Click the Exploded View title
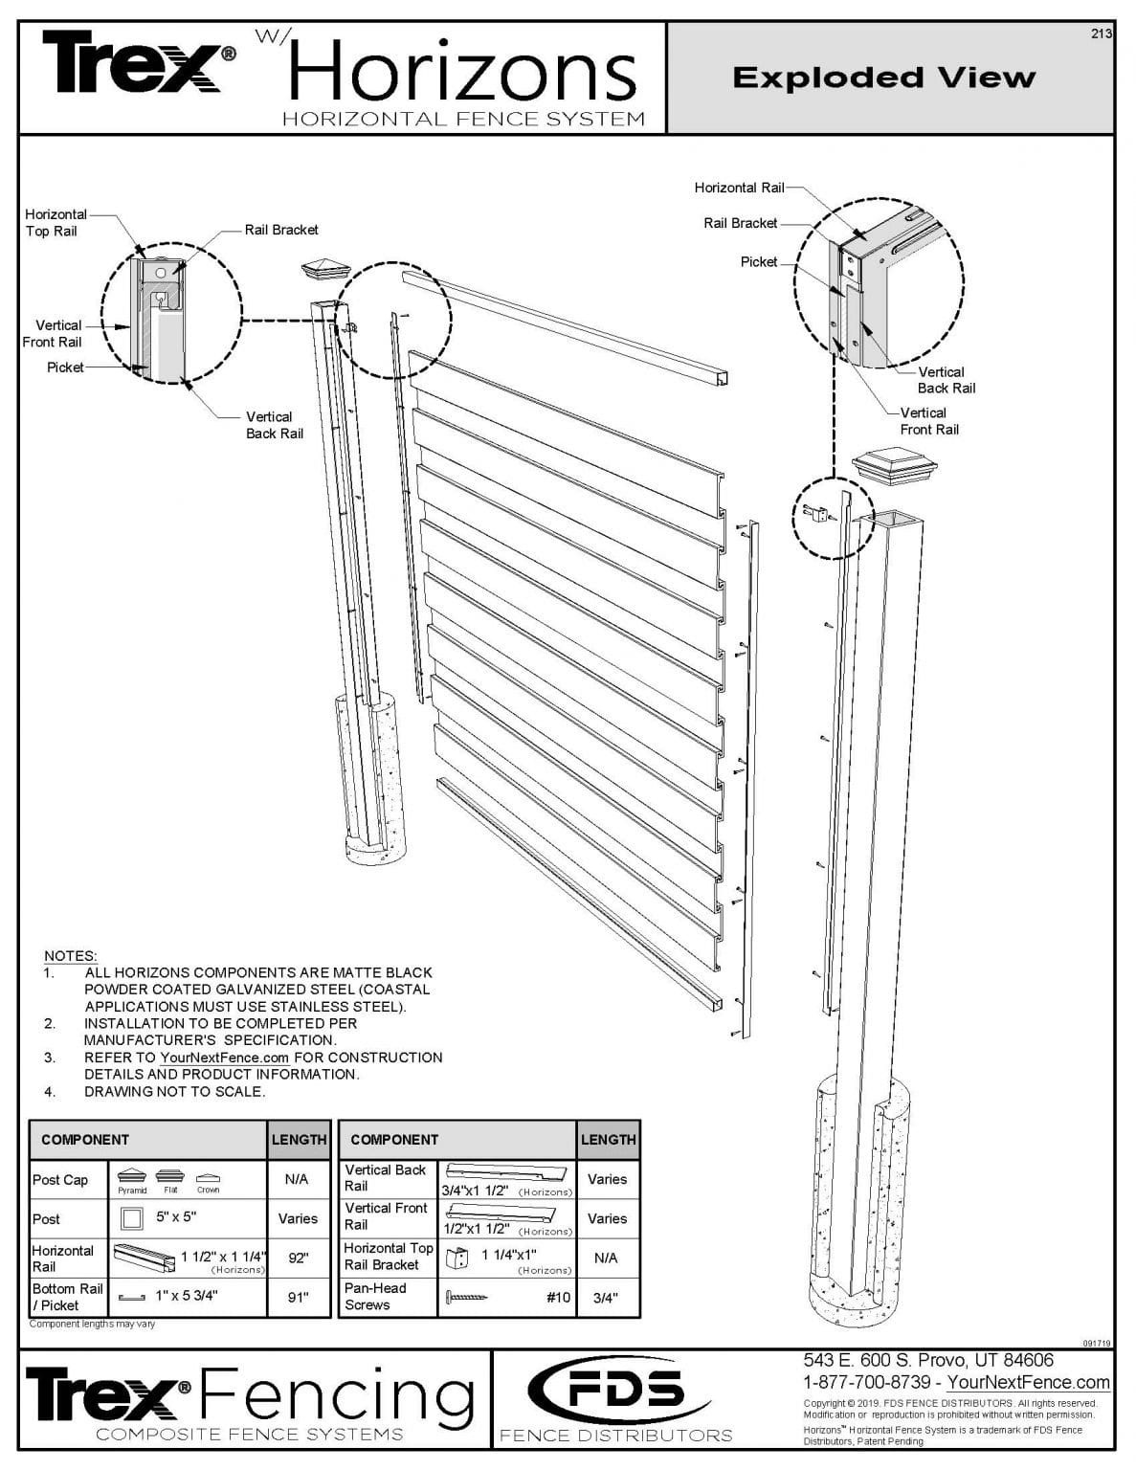(x=883, y=78)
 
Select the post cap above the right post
(x=881, y=467)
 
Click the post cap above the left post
(x=326, y=269)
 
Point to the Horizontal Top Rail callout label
(x=55, y=223)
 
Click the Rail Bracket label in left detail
(x=280, y=230)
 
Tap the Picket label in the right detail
(x=758, y=262)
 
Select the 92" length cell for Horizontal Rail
(x=298, y=1258)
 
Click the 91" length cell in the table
(x=298, y=1298)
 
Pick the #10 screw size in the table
(x=557, y=1298)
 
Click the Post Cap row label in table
(x=60, y=1180)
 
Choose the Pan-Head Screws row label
(x=375, y=1297)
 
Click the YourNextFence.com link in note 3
(x=224, y=1058)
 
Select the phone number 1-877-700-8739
(x=866, y=1382)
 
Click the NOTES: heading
(x=70, y=956)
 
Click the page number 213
(x=1101, y=33)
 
